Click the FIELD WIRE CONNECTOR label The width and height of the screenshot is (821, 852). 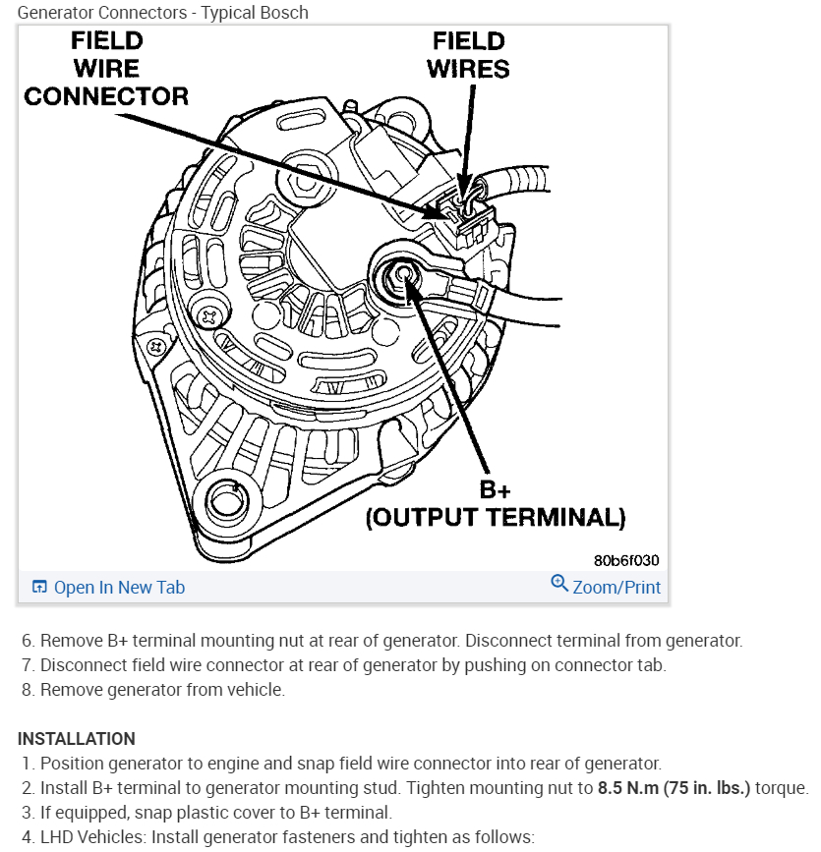tap(106, 69)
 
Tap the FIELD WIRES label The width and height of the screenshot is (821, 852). tap(469, 55)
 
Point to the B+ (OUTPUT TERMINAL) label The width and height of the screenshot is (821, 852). tap(496, 504)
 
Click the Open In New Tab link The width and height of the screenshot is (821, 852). tap(118, 588)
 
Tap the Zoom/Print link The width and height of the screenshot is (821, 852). tap(616, 588)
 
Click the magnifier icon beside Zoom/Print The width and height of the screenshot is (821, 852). tap(559, 584)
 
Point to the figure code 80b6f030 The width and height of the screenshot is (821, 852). tap(626, 560)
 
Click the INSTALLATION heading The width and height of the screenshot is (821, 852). tap(77, 738)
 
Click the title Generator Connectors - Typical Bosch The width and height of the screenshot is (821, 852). tap(163, 13)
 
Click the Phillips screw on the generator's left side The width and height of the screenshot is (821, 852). tap(209, 317)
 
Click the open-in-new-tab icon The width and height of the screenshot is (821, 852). tap(39, 588)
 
